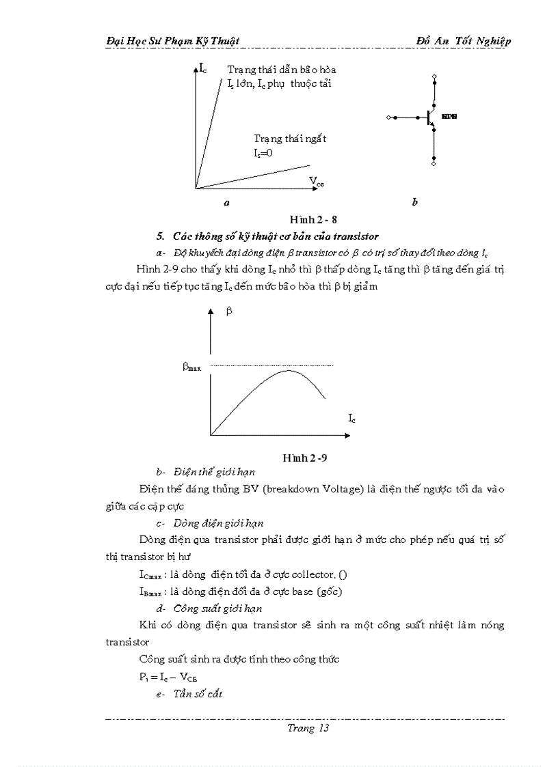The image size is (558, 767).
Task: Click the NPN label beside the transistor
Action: coord(449,117)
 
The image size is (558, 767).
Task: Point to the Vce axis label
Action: coord(316,181)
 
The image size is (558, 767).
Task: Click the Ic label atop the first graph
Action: coord(203,68)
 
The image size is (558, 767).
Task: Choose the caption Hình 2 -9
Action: coord(309,458)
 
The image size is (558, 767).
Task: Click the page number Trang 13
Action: coord(308,728)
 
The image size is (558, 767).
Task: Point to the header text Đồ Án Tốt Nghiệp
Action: coord(463,41)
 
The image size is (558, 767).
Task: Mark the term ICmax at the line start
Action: coord(150,574)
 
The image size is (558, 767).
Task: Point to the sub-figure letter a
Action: coord(226,202)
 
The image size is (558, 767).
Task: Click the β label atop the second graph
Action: coord(229,311)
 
